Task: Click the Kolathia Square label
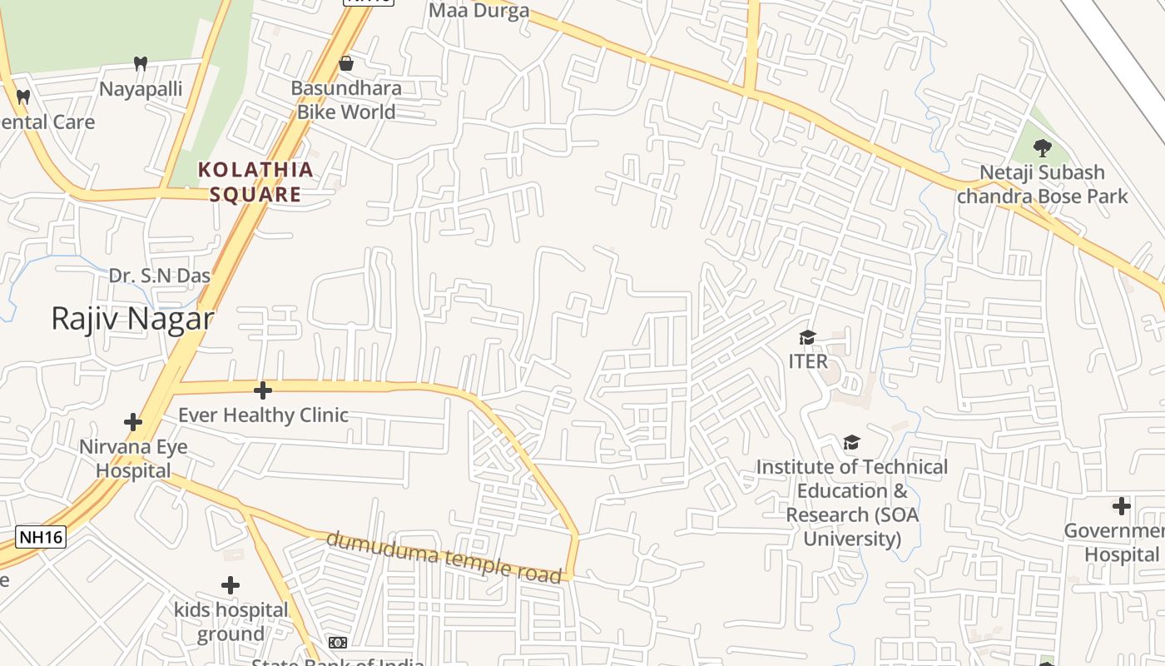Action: [x=255, y=182]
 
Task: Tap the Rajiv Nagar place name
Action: [x=132, y=319]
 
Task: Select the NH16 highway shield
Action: [x=41, y=537]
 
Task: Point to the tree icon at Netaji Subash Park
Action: [x=1042, y=148]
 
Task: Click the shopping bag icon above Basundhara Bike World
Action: [x=346, y=63]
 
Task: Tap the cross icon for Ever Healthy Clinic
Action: [x=263, y=390]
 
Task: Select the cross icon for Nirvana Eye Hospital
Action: [x=133, y=422]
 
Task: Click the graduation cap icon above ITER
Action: [x=807, y=337]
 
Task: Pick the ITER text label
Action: [x=808, y=361]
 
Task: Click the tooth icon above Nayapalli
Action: [x=141, y=63]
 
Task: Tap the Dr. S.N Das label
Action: [x=160, y=276]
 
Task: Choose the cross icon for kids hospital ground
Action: [x=231, y=585]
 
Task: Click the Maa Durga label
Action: [x=479, y=11]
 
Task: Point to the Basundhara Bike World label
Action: [x=346, y=100]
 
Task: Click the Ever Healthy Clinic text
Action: [x=263, y=415]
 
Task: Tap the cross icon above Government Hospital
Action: [x=1122, y=505]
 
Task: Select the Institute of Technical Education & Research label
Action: [x=852, y=503]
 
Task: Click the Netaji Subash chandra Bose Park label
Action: [x=1042, y=184]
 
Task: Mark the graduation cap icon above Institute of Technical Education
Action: [x=851, y=442]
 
